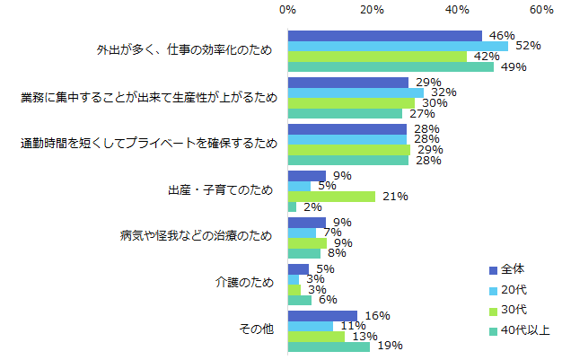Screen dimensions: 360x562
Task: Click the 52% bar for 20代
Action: tap(397, 46)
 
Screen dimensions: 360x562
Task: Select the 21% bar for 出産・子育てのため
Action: tap(331, 196)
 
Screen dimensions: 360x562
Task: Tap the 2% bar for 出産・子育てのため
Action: tap(292, 206)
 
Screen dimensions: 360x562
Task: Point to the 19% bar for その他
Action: tap(328, 347)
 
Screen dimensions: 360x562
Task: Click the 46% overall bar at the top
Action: tap(384, 35)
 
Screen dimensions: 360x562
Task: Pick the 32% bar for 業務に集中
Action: tap(355, 92)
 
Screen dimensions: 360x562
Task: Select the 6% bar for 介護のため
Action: tap(300, 300)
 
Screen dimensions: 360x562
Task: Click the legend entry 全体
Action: tap(513, 269)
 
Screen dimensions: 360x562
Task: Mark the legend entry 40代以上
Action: tap(521, 330)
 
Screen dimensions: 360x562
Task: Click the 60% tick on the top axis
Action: tap(540, 9)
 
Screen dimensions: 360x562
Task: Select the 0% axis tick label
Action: tap(287, 9)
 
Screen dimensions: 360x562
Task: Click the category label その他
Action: tap(258, 330)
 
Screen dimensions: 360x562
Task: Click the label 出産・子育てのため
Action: tap(220, 190)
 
